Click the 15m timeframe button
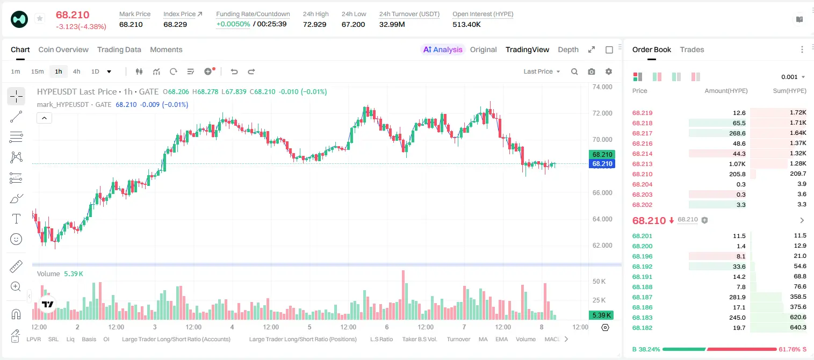click(38, 71)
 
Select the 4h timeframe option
click(76, 71)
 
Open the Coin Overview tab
click(63, 49)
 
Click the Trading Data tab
click(119, 49)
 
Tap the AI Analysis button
click(443, 49)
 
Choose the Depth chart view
click(568, 49)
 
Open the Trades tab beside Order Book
click(692, 49)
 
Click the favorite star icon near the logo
click(40, 18)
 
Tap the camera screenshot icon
click(592, 71)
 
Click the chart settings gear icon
click(609, 71)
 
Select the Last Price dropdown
click(542, 71)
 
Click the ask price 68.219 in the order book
click(642, 113)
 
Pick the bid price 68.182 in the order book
click(642, 328)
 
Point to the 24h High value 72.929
click(315, 24)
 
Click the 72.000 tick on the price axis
click(602, 113)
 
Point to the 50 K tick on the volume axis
click(599, 281)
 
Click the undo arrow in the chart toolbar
click(234, 71)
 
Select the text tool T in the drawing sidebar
click(16, 219)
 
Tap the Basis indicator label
click(89, 339)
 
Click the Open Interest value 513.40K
click(466, 24)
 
